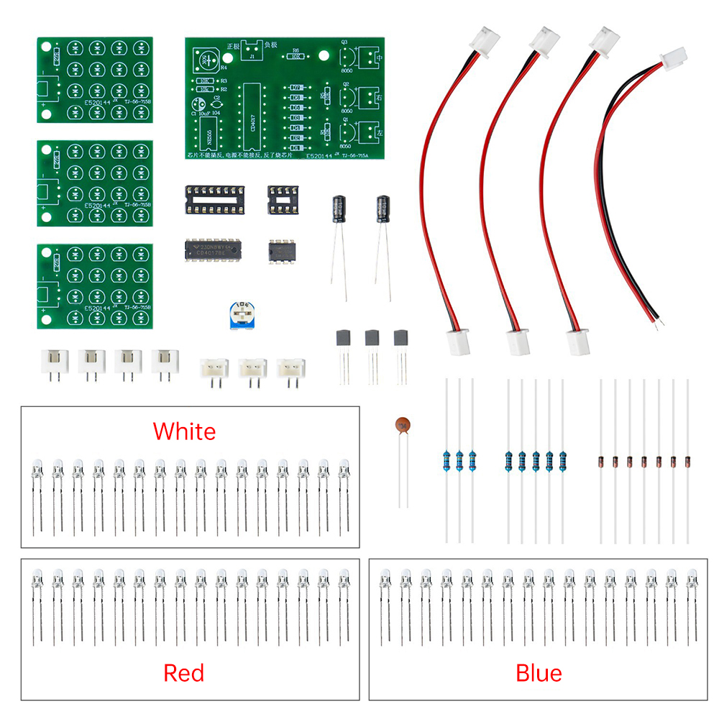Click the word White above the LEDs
(x=184, y=431)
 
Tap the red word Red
(x=184, y=673)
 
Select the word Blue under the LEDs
(x=539, y=673)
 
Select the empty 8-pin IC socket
(x=284, y=197)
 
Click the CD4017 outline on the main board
(x=251, y=108)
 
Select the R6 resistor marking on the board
(x=296, y=52)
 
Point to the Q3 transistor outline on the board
(x=344, y=55)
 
